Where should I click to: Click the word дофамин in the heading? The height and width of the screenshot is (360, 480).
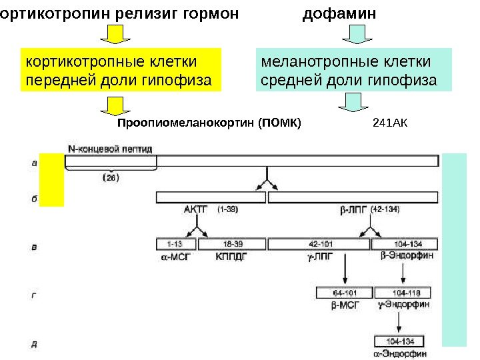pos(339,13)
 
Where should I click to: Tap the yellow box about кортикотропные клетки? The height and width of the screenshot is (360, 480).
pos(119,71)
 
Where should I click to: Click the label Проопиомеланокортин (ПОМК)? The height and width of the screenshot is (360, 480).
pos(209,123)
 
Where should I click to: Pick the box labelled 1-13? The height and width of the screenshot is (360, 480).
pos(175,245)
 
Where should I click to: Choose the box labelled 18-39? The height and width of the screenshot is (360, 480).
pos(233,245)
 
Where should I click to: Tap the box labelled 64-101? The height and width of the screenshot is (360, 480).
pos(344,292)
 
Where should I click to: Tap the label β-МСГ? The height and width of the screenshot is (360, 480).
pos(345,305)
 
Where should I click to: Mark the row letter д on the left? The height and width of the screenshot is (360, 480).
pos(34,344)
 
